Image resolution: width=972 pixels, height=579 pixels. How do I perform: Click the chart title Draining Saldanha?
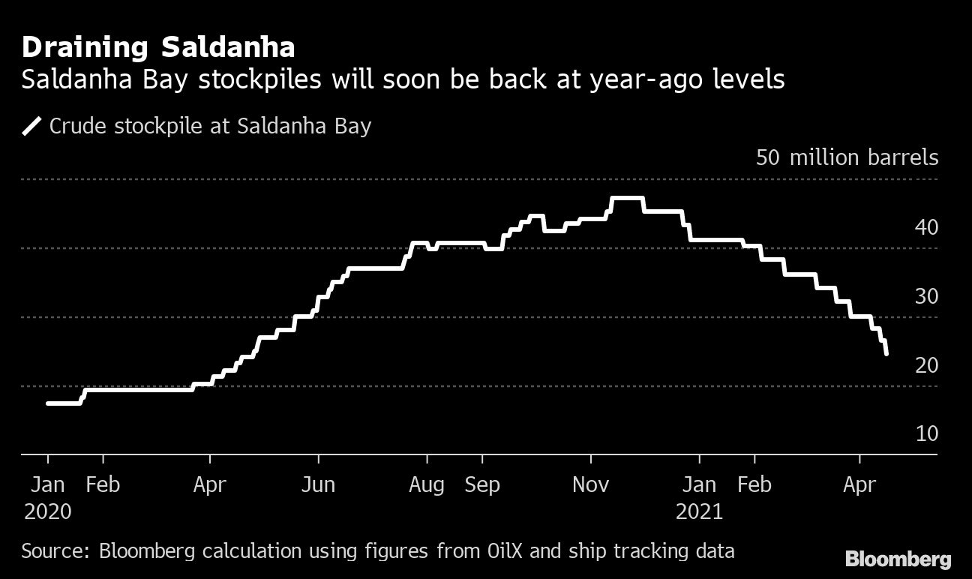point(158,48)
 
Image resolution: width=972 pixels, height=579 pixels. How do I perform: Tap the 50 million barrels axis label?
point(847,157)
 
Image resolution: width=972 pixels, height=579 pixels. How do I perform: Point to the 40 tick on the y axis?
point(926,226)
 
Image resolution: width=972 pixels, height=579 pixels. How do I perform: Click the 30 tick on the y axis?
point(926,296)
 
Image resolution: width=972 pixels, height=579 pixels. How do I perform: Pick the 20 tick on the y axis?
point(926,365)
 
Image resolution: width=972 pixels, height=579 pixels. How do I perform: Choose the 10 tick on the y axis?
point(926,434)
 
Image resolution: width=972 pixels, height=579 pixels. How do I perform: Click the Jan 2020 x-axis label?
point(48,498)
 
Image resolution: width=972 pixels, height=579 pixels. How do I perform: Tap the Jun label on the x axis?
point(318,485)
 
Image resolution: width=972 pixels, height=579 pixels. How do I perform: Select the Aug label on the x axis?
point(426,485)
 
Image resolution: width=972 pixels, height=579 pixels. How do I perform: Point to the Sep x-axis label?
point(481,485)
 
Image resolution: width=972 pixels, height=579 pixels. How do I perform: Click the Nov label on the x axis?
point(590,485)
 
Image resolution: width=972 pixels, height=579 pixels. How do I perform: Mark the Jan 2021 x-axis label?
point(699,498)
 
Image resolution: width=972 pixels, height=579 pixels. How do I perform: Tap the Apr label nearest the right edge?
point(859,485)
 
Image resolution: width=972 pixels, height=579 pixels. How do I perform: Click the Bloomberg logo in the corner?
point(898,559)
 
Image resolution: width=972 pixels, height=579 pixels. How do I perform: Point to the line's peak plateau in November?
point(628,199)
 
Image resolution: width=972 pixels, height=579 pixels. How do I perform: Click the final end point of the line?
point(886,353)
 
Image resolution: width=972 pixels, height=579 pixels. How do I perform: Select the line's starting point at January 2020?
point(48,403)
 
